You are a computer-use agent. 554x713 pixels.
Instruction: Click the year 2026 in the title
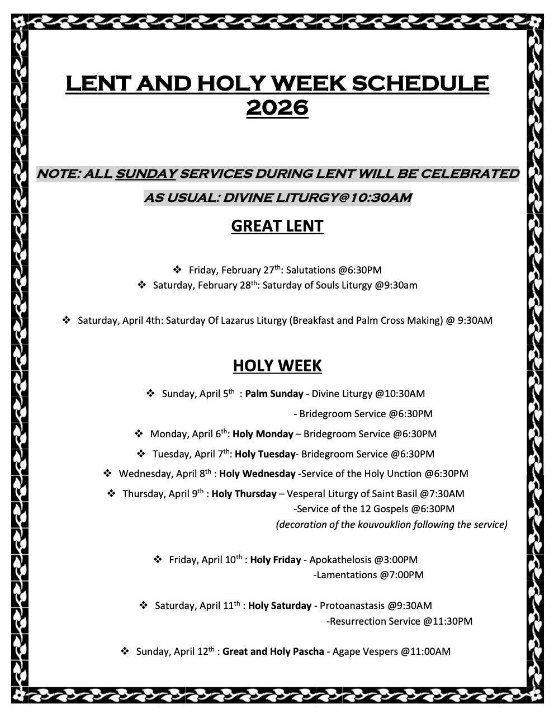(277, 107)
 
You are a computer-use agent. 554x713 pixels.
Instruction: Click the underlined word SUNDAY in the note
(145, 174)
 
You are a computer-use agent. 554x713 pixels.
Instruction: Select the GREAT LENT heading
(277, 226)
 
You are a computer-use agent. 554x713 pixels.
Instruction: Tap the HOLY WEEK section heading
(277, 366)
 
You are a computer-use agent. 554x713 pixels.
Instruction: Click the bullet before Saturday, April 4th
(66, 320)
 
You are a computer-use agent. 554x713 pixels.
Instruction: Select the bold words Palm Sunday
(274, 394)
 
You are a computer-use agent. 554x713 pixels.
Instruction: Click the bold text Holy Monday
(263, 434)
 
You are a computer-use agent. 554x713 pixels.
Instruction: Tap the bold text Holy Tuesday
(265, 454)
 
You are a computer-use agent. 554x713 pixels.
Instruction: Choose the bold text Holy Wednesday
(257, 474)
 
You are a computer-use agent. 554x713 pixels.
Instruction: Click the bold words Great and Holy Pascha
(273, 651)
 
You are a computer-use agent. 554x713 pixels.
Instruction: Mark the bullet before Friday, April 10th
(158, 559)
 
